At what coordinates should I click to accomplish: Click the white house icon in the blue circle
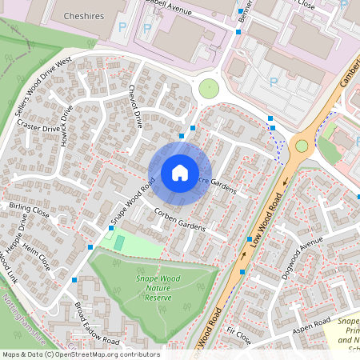click(180, 172)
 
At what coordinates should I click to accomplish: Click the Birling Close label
click(30, 211)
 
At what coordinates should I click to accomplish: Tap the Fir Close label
click(239, 335)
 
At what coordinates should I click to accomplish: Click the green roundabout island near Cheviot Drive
click(208, 89)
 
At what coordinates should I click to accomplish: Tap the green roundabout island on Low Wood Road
click(302, 146)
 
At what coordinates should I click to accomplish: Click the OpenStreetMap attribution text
click(80, 354)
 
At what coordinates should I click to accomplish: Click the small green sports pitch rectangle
click(119, 242)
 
